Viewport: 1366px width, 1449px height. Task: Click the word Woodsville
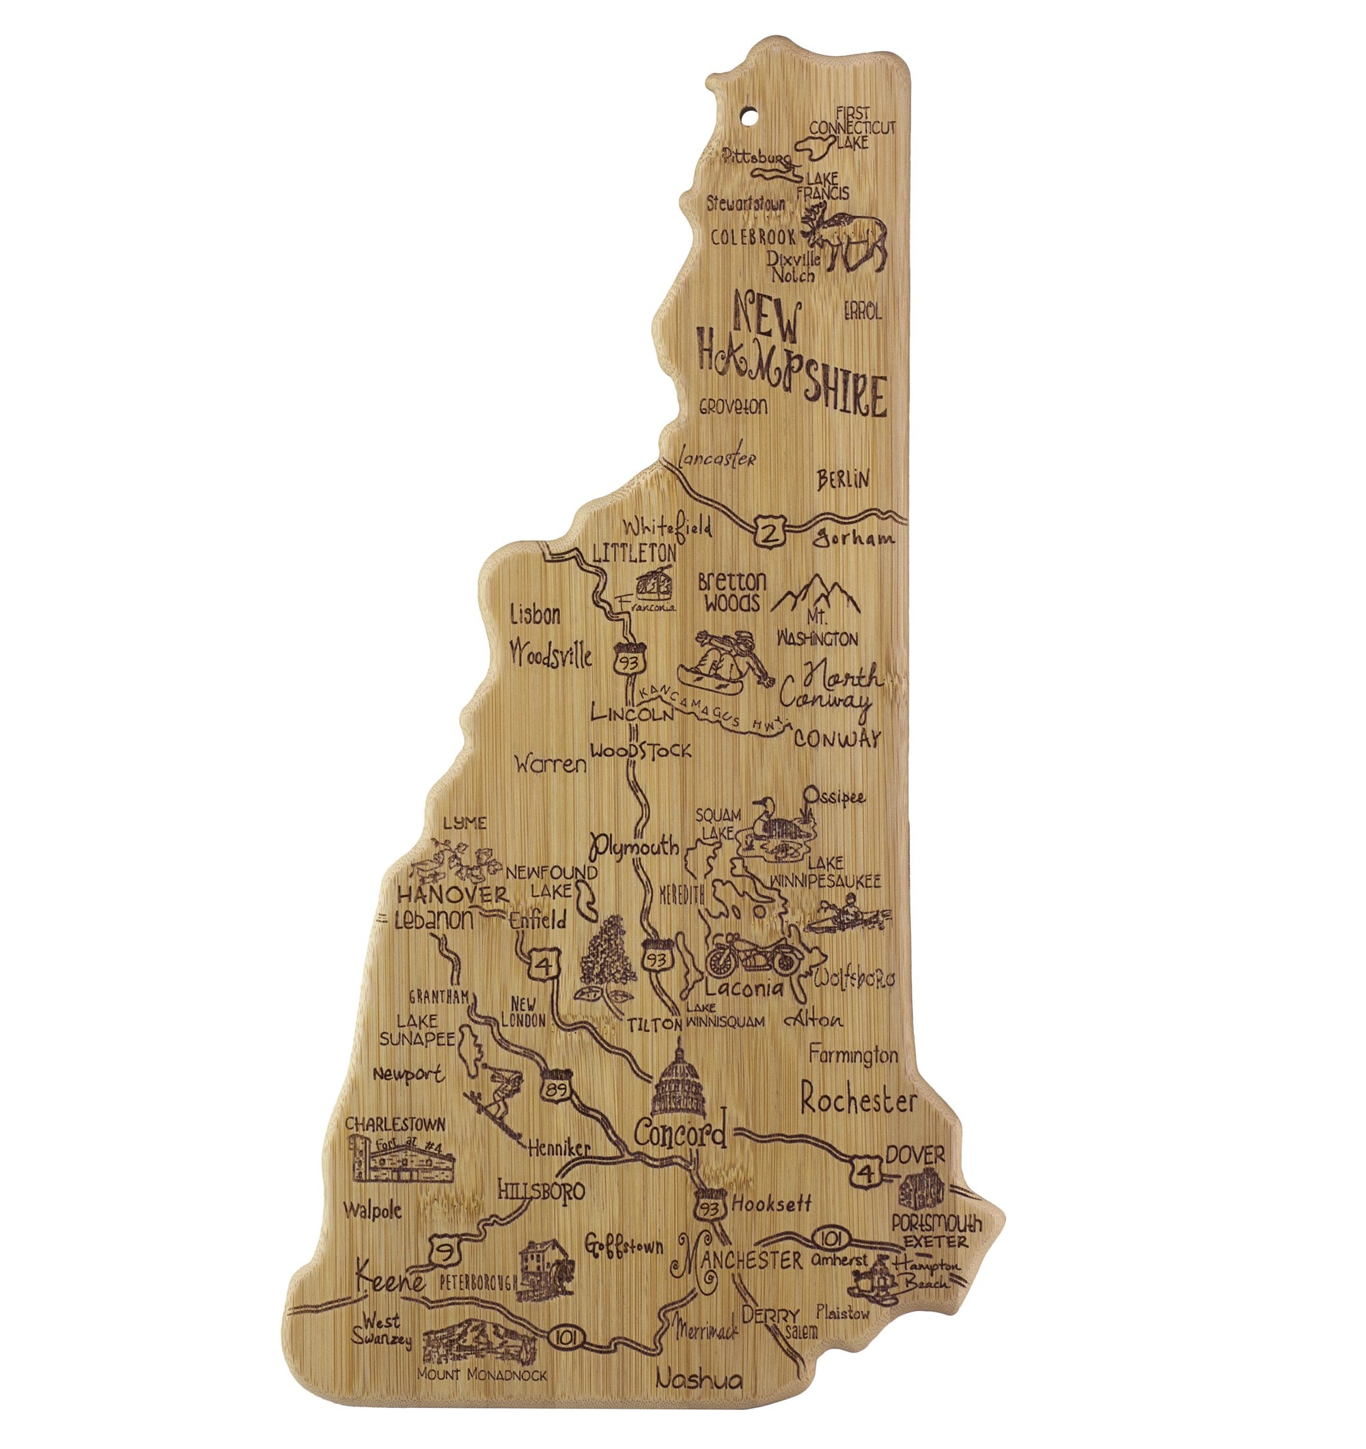tap(550, 653)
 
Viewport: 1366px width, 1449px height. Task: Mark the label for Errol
tap(863, 312)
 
